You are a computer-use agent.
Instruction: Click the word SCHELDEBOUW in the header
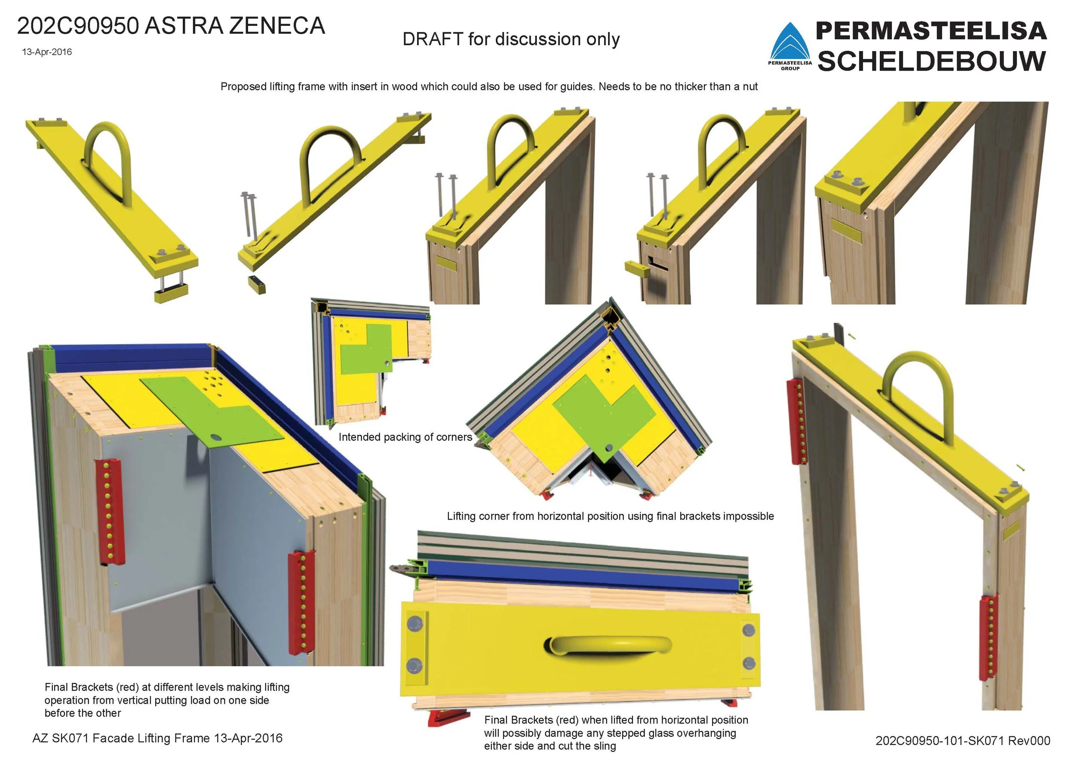[932, 62]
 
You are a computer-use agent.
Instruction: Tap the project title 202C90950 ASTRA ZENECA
[171, 26]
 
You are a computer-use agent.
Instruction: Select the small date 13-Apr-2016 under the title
[47, 52]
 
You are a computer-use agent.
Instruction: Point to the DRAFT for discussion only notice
[511, 39]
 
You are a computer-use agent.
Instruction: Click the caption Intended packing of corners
[405, 437]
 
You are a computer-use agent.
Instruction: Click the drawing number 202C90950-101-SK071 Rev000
[963, 740]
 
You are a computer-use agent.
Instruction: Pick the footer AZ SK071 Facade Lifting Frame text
[157, 738]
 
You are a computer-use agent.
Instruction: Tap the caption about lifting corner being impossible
[611, 516]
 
